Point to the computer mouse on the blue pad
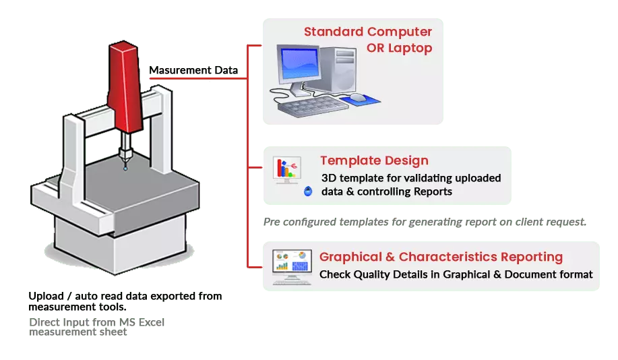click(358, 98)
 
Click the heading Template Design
click(374, 160)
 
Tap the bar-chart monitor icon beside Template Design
click(288, 169)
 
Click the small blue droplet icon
click(308, 191)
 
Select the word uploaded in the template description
click(476, 178)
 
